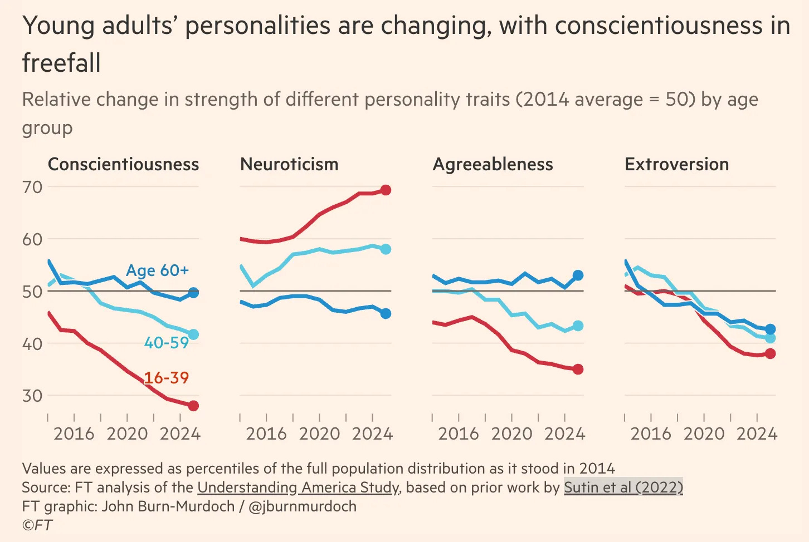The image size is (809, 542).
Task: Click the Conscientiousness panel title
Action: pos(123,164)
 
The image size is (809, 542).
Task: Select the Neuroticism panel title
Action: pos(289,164)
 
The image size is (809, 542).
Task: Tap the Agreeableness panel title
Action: pos(493,164)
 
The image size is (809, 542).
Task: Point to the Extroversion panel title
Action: pos(676,164)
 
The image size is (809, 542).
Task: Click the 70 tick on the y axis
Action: pos(32,187)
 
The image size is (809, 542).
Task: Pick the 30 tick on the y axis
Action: pos(32,396)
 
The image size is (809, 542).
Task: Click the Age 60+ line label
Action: pos(157,270)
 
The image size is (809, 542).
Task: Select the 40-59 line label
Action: pos(166,343)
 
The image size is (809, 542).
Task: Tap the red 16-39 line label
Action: pos(166,378)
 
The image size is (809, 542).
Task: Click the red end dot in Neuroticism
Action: pos(386,190)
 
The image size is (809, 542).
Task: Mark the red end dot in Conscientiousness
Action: pos(193,406)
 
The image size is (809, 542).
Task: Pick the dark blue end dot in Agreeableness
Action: pos(578,275)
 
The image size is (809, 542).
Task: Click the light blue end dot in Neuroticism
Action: pos(386,249)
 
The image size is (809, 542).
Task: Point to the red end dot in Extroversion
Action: pos(770,353)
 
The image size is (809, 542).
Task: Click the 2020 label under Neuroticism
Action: pos(319,434)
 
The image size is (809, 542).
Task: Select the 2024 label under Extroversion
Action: pos(757,434)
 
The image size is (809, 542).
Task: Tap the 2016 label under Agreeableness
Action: pos(459,434)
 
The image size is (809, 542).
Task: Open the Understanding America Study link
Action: pos(298,487)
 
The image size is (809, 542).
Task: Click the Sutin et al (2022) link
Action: pos(623,487)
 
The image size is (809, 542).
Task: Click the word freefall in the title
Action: pos(61,62)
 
